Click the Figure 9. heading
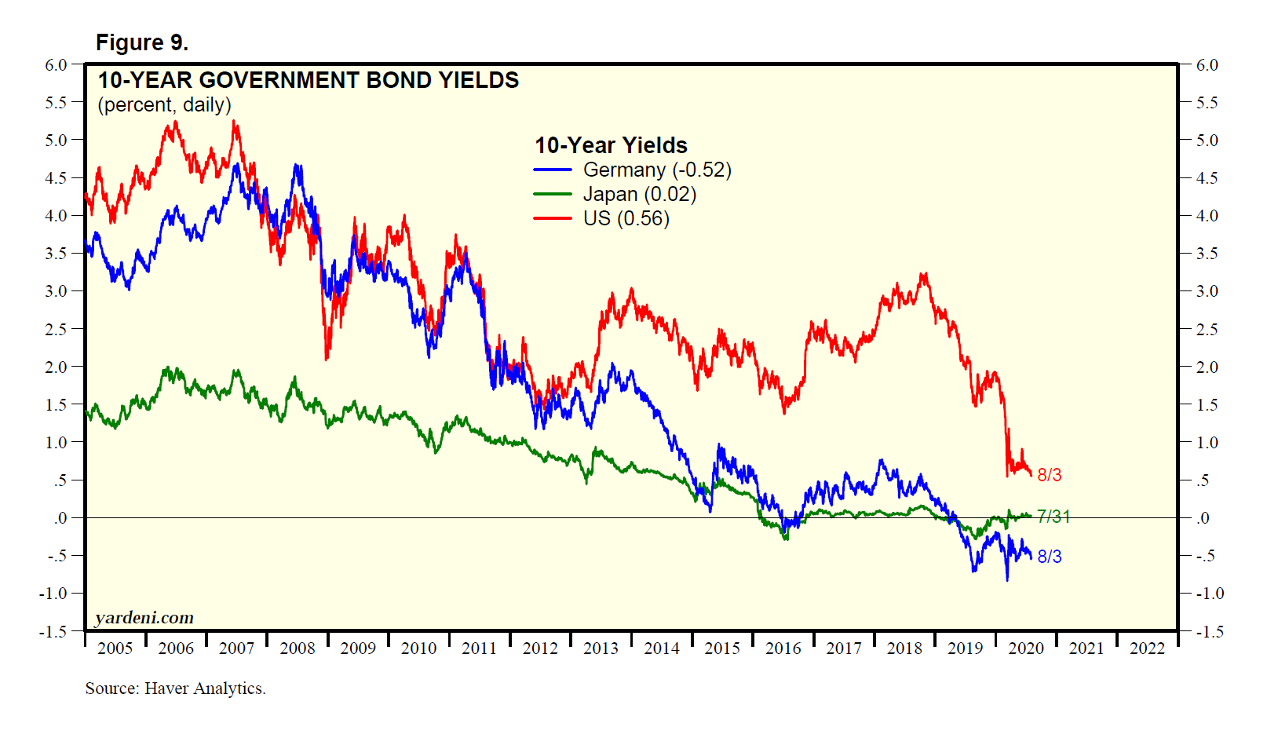tap(142, 42)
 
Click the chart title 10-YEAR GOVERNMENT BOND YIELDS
tap(308, 80)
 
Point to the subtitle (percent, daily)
tap(164, 104)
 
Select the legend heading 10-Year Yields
tap(611, 145)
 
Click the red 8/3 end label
tap(1050, 475)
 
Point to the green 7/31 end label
tap(1053, 517)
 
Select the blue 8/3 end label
tap(1050, 557)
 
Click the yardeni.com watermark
tap(144, 618)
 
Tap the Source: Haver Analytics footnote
tap(175, 689)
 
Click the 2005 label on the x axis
tap(115, 648)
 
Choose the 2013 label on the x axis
tap(601, 648)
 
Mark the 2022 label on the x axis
tap(1147, 648)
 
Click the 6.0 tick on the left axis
tap(57, 65)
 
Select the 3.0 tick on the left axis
tap(57, 291)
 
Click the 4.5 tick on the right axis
tap(1207, 178)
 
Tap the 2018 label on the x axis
tap(904, 648)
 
